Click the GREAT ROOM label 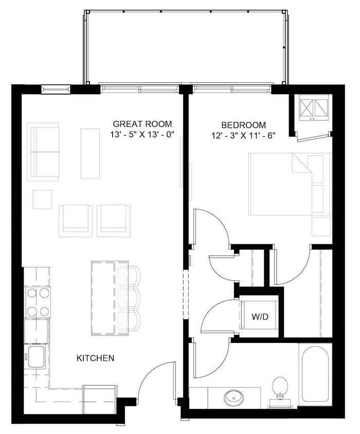click(142, 124)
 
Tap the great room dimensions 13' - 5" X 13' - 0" click(142, 135)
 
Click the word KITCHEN click(95, 358)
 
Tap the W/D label click(260, 317)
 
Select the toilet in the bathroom click(280, 388)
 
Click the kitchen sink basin click(37, 356)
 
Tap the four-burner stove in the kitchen click(38, 302)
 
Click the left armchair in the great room click(76, 220)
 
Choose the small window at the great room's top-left click(56, 89)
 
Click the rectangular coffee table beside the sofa click(90, 153)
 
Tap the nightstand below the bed click(321, 226)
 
